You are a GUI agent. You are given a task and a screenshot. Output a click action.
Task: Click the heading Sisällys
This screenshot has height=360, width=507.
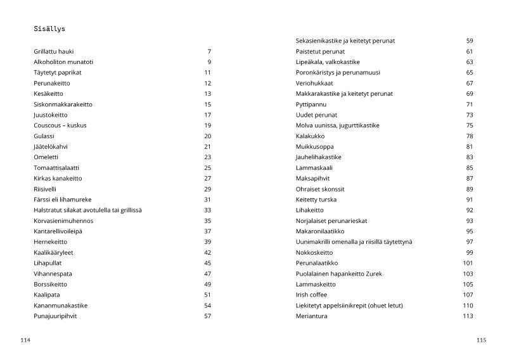49,29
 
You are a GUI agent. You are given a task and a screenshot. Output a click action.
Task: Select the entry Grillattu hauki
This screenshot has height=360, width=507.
54,51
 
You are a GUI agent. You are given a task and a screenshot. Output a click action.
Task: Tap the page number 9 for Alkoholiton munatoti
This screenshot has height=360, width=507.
209,62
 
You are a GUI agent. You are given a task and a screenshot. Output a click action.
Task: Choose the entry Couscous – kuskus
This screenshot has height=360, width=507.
60,125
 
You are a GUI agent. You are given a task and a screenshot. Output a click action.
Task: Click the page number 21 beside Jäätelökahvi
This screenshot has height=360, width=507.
207,146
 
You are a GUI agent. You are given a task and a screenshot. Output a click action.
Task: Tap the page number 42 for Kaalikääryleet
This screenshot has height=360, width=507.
207,252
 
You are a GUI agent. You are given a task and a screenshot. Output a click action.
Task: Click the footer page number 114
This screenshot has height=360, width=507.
25,340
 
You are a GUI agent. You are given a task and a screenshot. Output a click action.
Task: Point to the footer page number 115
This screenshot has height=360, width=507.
481,340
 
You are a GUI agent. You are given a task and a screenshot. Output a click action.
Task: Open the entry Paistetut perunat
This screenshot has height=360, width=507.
321,51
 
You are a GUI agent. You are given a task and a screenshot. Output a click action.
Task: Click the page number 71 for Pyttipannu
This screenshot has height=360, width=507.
470,104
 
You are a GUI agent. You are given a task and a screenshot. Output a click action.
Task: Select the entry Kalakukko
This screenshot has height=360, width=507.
310,136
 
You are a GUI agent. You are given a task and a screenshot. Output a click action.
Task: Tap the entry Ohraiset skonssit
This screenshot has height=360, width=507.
320,189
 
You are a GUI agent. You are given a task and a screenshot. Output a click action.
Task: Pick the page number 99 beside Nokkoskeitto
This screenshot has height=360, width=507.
470,252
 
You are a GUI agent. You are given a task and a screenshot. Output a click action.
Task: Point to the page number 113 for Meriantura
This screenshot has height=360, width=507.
468,316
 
